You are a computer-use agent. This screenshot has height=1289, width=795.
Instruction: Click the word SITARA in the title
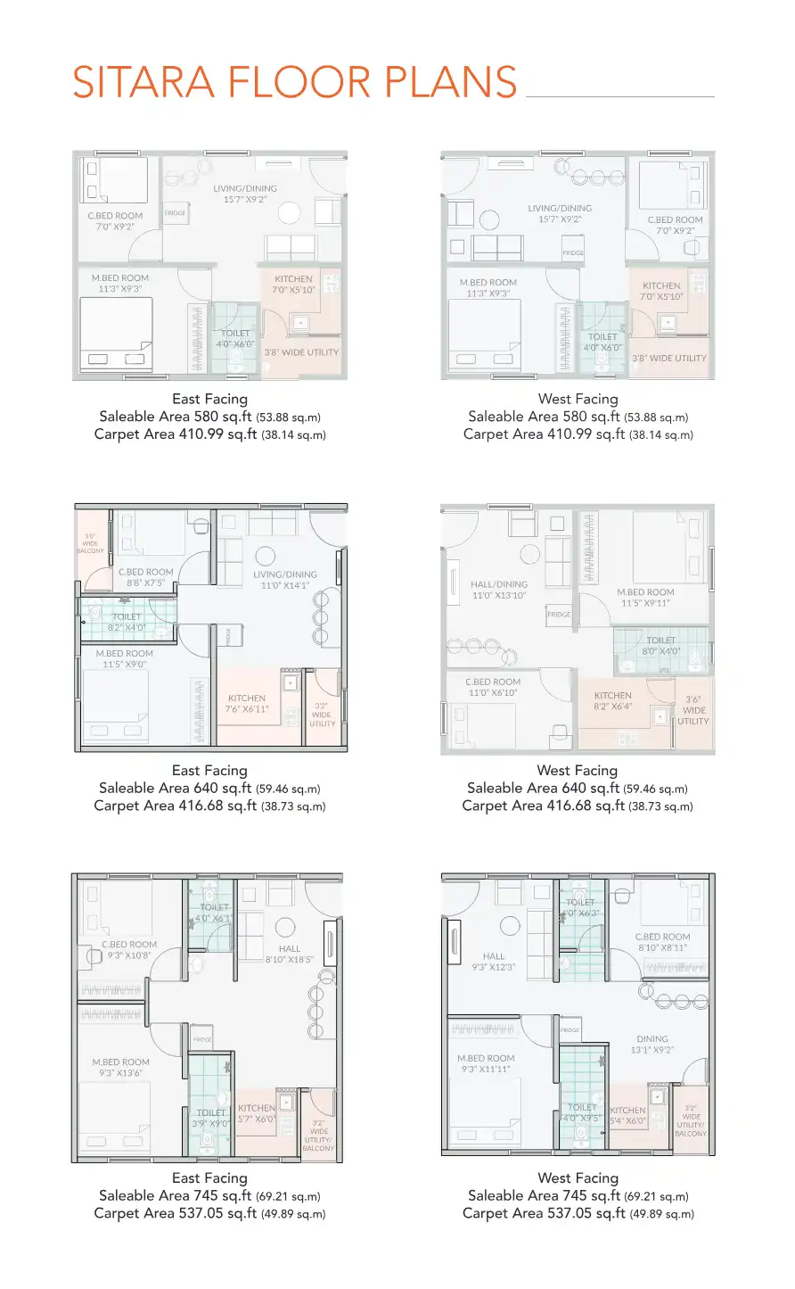(x=143, y=82)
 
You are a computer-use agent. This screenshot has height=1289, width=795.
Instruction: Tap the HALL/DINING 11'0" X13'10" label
(x=499, y=590)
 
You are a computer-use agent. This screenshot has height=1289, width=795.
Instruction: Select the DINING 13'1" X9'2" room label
(x=652, y=1045)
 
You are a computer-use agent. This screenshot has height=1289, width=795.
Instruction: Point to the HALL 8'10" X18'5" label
(x=290, y=954)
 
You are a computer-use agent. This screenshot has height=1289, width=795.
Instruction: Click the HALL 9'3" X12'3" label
(x=494, y=962)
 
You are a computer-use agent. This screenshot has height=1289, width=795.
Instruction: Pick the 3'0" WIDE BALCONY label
(x=90, y=544)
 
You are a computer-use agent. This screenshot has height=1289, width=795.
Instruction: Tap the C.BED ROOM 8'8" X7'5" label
(x=146, y=577)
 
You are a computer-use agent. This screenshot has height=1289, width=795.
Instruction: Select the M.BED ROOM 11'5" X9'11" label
(x=645, y=598)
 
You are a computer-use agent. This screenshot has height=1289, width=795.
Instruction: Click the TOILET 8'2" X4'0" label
(x=127, y=622)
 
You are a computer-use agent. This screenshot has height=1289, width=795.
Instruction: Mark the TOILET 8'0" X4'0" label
(x=660, y=646)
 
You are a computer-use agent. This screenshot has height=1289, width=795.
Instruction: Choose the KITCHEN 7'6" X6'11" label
(x=247, y=704)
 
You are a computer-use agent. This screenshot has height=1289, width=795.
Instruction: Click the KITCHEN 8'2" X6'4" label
(x=612, y=700)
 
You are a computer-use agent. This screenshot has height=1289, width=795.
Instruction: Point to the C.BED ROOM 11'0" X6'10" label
(x=493, y=687)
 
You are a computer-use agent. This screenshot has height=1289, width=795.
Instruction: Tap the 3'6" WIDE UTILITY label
(x=693, y=711)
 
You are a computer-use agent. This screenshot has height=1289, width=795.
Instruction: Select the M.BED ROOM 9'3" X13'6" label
(x=121, y=1068)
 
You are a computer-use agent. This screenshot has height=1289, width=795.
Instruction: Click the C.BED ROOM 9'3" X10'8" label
(x=129, y=950)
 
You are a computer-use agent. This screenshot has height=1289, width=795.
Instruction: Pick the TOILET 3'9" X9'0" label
(x=211, y=1119)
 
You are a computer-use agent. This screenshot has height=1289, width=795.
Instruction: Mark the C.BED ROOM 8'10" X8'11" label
(x=663, y=942)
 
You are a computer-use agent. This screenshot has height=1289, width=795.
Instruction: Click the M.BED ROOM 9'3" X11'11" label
(x=486, y=1063)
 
